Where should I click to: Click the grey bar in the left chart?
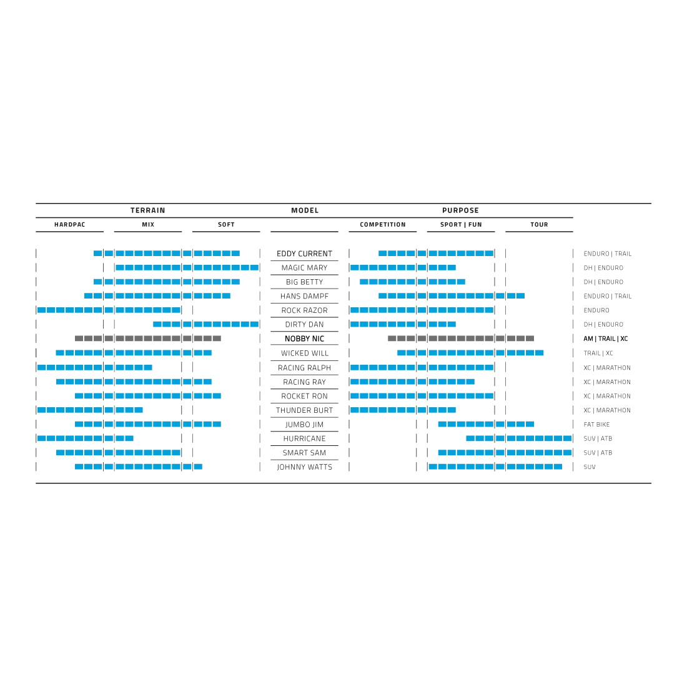[x=150, y=340]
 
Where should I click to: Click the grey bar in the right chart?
[x=459, y=340]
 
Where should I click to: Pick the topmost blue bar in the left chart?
[x=166, y=254]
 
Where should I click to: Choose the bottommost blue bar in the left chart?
[x=139, y=465]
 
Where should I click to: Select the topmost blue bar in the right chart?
[x=435, y=254]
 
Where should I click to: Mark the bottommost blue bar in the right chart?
[x=496, y=465]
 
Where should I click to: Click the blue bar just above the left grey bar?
[x=205, y=325]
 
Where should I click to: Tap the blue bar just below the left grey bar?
[x=134, y=354]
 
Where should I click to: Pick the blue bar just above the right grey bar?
[x=404, y=325]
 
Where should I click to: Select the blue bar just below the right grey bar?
[x=470, y=354]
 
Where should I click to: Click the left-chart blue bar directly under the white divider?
[x=149, y=425]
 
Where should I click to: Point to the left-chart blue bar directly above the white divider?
[x=91, y=410]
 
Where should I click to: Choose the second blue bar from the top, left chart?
[x=187, y=269]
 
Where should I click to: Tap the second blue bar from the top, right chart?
[x=403, y=269]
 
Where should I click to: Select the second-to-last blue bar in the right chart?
[x=503, y=453]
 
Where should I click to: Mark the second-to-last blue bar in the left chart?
[x=118, y=453]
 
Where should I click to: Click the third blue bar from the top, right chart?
[x=413, y=281]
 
